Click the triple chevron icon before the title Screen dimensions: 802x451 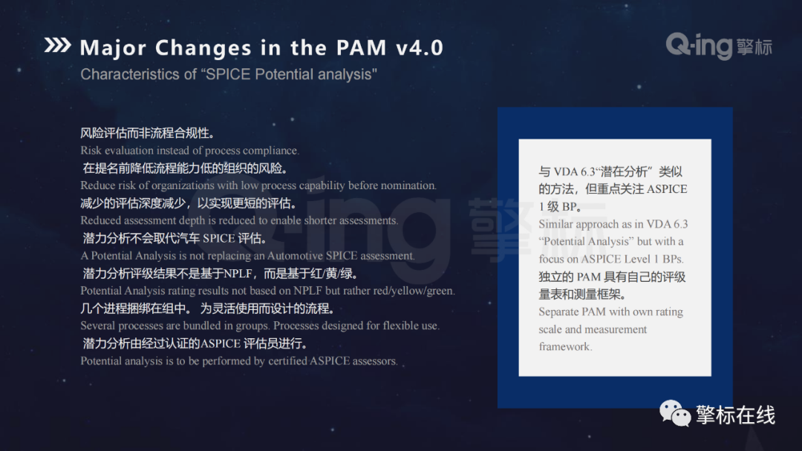coord(57,45)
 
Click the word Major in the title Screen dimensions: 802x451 coord(113,48)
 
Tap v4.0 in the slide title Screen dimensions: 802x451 coord(420,47)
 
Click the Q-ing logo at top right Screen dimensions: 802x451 coord(719,46)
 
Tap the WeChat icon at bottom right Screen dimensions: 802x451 coord(674,412)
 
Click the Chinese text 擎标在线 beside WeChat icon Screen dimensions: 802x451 coord(735,415)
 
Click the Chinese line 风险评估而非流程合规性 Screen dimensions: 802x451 coord(147,134)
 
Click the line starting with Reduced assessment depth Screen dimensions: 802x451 coord(239,220)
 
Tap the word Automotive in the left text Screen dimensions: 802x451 coord(295,255)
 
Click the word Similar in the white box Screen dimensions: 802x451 coord(556,224)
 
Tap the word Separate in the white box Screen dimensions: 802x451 coord(558,312)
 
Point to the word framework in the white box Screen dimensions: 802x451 coord(565,346)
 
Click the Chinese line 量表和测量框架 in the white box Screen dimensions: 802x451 coord(582,294)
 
